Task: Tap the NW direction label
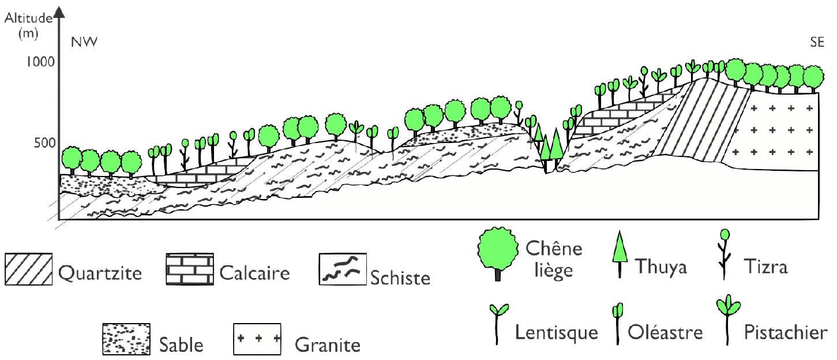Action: (80, 42)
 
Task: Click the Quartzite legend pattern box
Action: (28, 269)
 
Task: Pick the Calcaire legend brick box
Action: (189, 269)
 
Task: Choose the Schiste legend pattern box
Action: (343, 269)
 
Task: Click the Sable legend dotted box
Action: (126, 339)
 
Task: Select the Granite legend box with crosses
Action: (257, 339)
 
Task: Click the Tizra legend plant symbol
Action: (725, 252)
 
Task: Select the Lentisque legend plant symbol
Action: (497, 322)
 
